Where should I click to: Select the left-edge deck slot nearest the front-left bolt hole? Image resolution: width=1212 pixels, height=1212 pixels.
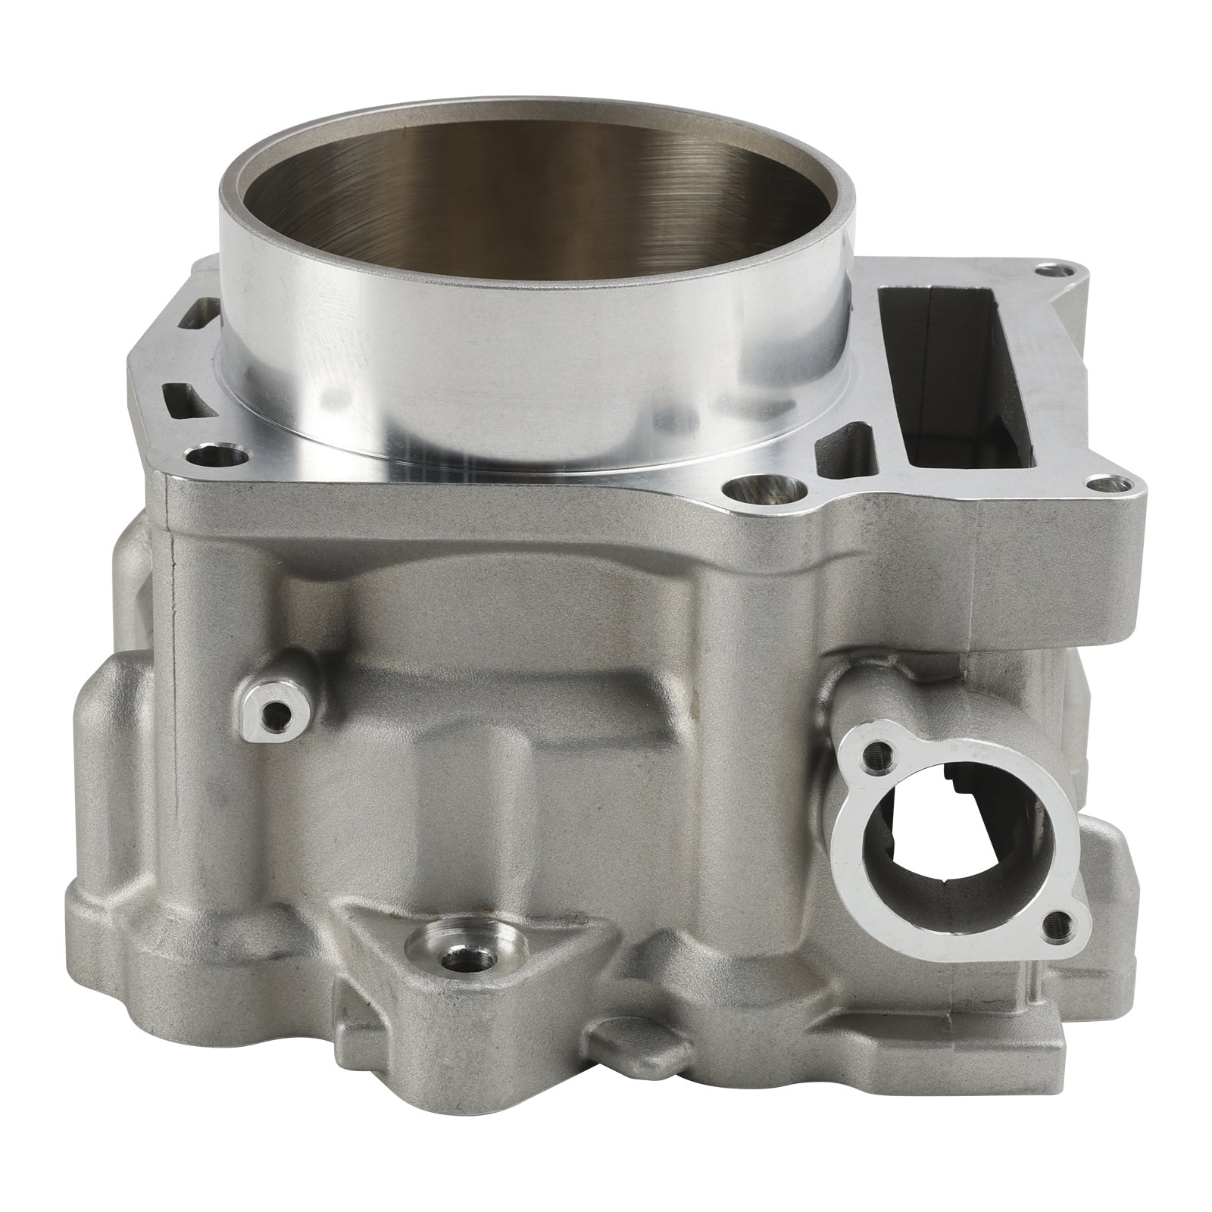point(176,394)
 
